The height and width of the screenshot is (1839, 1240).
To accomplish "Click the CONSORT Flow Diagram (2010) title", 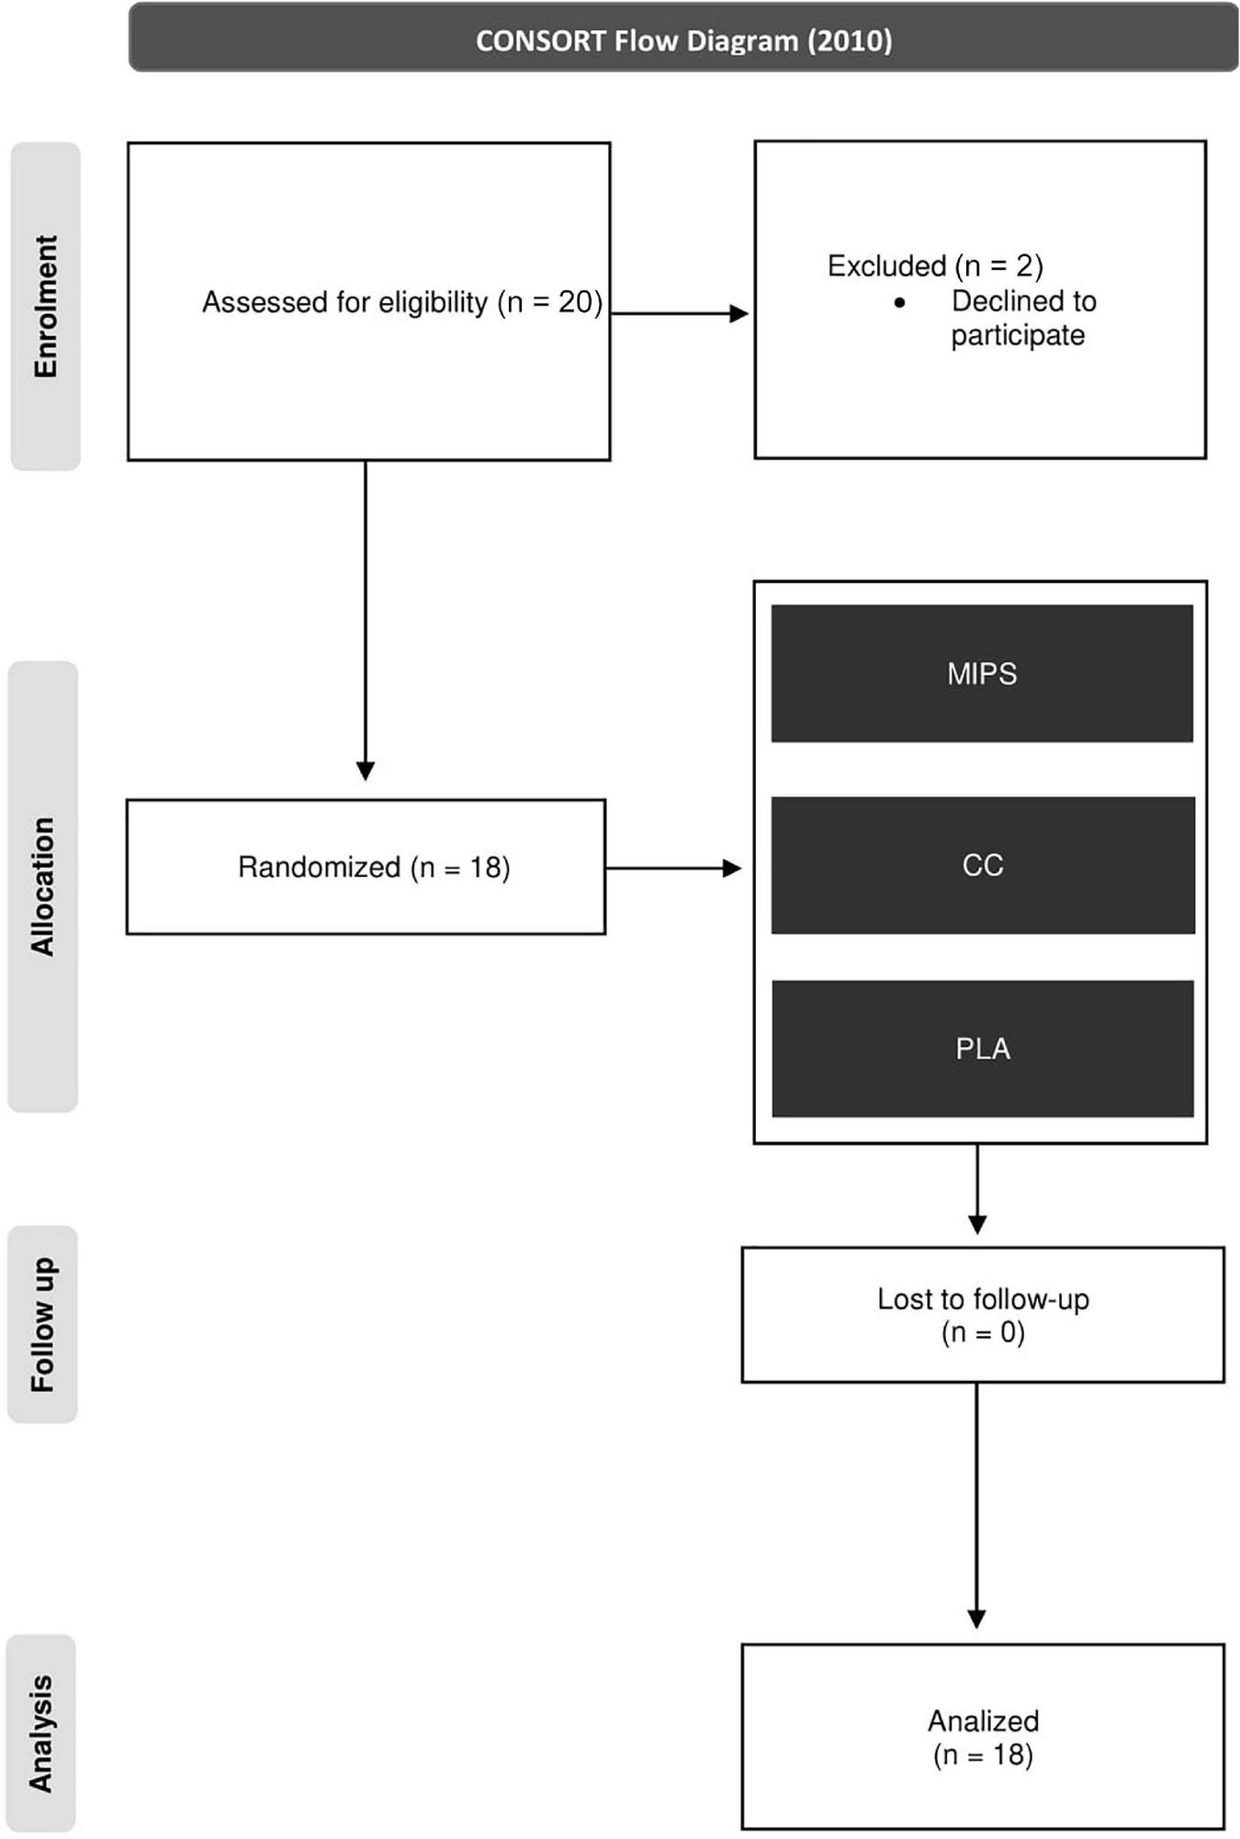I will pos(683,40).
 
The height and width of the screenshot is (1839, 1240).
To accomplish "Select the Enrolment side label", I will pos(45,307).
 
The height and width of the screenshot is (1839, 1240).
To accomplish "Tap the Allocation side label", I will pos(43,886).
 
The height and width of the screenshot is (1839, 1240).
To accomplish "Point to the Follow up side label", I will pos(42,1324).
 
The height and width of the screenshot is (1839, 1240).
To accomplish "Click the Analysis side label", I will pos(41,1732).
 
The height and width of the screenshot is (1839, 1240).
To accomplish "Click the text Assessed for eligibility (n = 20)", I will pos(401,302).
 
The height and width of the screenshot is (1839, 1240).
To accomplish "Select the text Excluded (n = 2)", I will pos(935,266).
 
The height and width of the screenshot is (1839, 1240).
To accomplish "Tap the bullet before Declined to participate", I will pos(899,302).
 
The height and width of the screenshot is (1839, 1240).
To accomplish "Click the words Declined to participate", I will pos(1021,318).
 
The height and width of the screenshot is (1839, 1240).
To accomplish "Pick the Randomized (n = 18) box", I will pos(366,867).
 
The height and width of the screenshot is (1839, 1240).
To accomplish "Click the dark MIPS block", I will pos(982,673).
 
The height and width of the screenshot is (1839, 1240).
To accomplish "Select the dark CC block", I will pos(982,865).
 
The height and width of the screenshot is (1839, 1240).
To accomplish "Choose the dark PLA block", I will pos(982,1048).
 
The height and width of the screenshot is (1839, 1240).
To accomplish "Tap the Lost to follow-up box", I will pos(983,1315).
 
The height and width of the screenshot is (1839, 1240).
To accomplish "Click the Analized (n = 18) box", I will pos(983,1737).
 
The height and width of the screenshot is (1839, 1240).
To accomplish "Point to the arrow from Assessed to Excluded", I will pos(680,314).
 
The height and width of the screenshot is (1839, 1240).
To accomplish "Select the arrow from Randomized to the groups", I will pos(673,868).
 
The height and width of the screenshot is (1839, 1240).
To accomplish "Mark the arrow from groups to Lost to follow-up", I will pos(977,1189).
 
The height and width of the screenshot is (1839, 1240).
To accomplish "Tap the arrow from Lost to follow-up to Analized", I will pos(976,1506).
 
